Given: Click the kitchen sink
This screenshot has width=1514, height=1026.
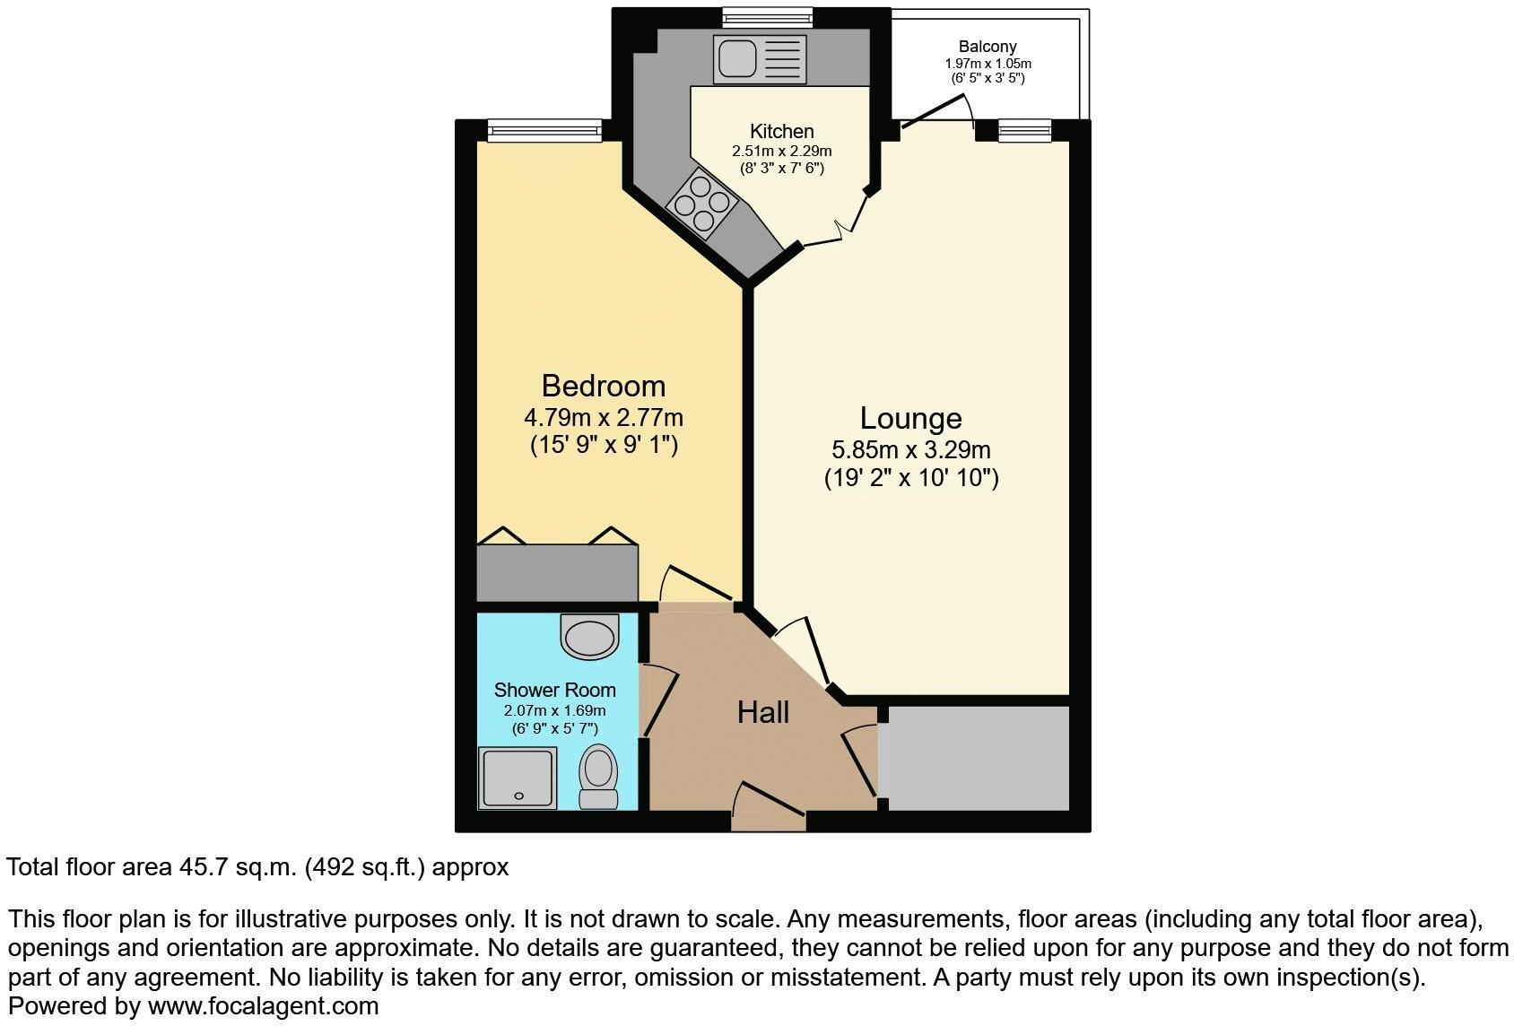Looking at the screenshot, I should (x=760, y=58).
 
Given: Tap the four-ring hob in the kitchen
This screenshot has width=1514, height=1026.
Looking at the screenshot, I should (x=701, y=203).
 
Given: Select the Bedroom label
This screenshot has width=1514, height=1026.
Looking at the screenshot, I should (x=604, y=386).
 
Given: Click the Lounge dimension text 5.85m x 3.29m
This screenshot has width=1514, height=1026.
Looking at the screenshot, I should (x=911, y=450).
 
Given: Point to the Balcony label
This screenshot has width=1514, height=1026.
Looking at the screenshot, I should (x=988, y=47).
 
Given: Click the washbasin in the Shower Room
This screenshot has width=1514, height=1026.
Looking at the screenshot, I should (x=589, y=636).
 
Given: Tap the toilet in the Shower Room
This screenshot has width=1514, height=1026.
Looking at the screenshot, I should (x=597, y=778).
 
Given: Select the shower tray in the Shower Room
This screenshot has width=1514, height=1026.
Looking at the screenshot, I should (x=518, y=778).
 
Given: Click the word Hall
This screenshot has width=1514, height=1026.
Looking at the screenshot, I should (x=763, y=712).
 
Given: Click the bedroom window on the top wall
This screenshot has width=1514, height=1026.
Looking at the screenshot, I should (x=544, y=131).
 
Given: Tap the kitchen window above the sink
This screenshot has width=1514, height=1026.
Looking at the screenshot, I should (x=768, y=17).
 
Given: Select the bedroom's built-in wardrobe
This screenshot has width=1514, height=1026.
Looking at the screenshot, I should (x=557, y=573).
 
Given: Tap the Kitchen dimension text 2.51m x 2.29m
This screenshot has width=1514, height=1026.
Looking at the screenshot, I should (x=781, y=151).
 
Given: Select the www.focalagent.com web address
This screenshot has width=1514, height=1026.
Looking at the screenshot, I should (x=263, y=1005).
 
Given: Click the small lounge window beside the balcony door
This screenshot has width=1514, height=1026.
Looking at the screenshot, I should (x=1024, y=132).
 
